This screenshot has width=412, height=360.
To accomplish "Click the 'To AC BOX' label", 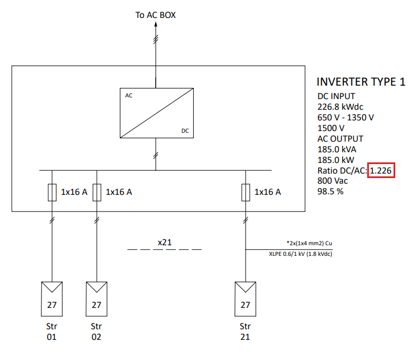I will [156, 15].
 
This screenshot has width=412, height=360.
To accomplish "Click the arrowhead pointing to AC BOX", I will [156, 27].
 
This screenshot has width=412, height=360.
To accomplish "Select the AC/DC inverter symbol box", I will [156, 113].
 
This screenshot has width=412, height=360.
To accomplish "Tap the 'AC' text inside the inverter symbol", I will [129, 96].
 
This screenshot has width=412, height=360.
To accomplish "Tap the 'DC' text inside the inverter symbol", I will [185, 130].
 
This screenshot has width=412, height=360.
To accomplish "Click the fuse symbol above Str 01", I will [52, 192].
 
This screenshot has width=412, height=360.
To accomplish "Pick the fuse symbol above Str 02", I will [97, 192].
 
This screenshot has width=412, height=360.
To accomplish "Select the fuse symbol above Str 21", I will [245, 192].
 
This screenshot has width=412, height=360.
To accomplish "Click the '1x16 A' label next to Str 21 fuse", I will [268, 192].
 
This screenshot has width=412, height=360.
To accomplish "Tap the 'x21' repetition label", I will [165, 242].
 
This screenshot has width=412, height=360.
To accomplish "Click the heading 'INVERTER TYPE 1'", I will [361, 82].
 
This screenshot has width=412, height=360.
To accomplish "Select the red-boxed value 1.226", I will [382, 171].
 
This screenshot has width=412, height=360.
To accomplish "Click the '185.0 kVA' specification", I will [337, 149].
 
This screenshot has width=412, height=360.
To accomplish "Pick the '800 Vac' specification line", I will [333, 181].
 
